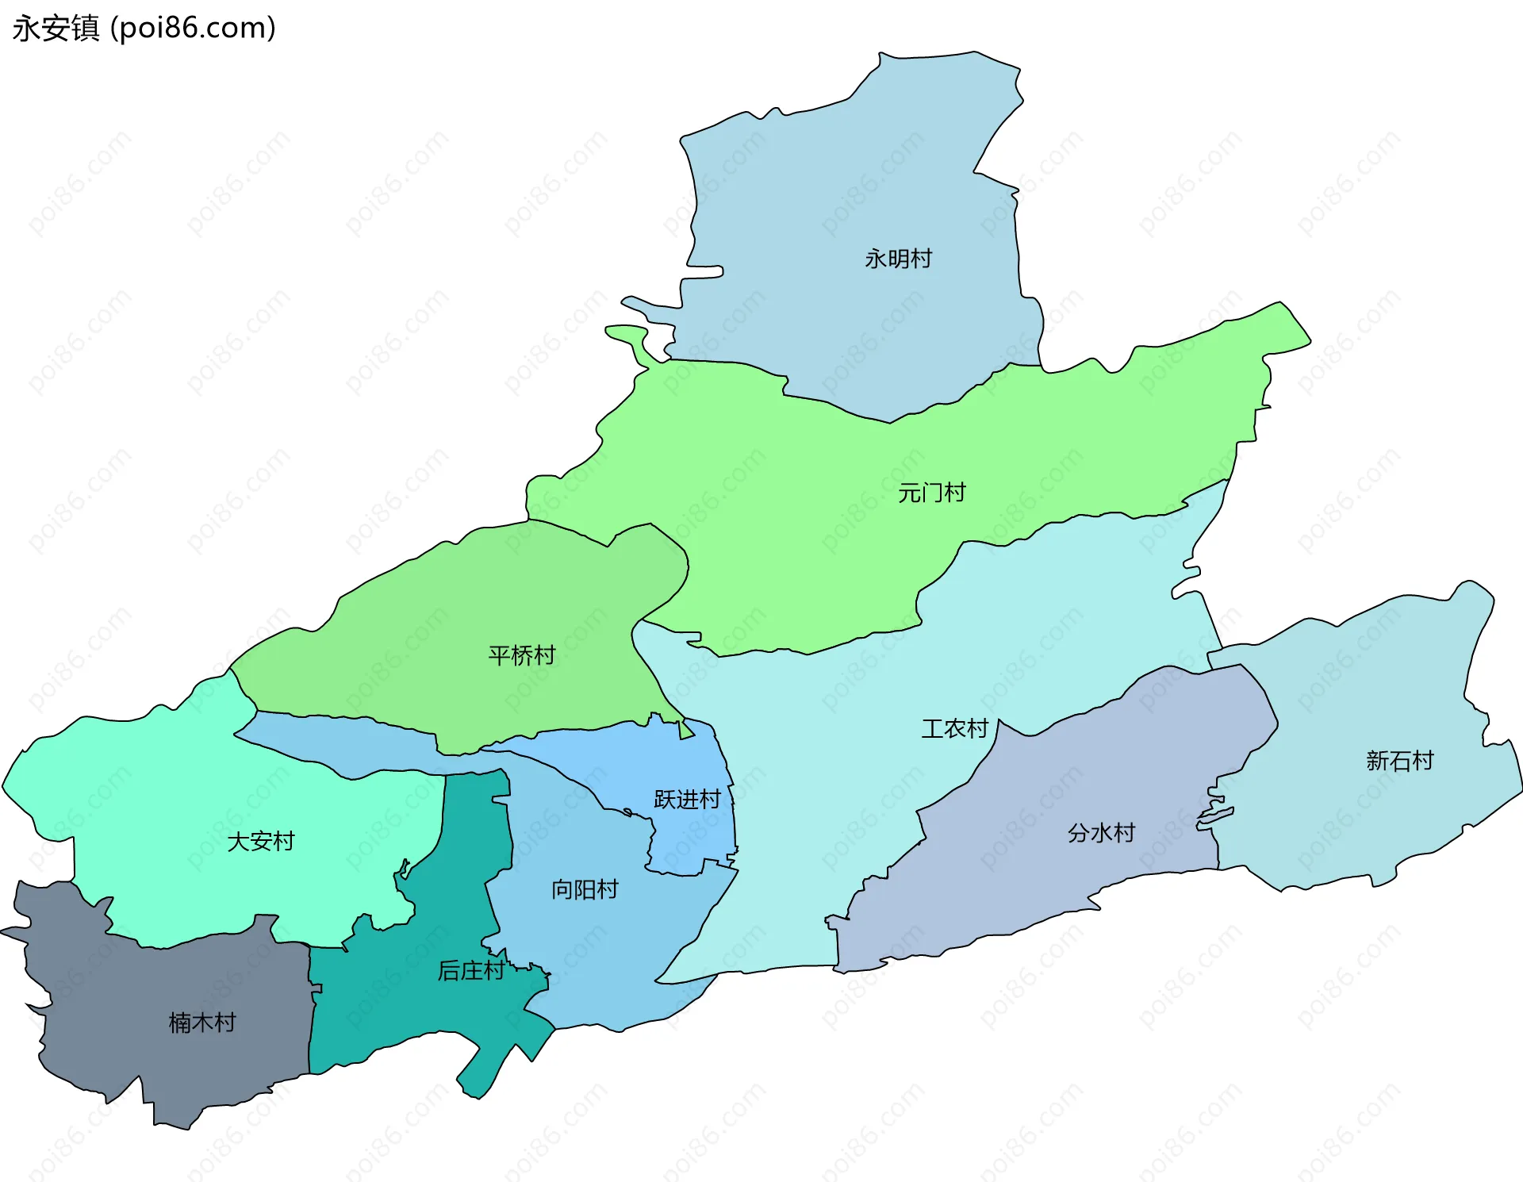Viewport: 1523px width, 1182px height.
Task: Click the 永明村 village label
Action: tap(898, 259)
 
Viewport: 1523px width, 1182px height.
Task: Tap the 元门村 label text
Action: tap(931, 493)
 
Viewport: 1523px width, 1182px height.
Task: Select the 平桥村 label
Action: tap(521, 655)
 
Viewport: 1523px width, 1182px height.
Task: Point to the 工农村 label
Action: tap(954, 728)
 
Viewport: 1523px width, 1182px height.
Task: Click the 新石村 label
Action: tap(1399, 761)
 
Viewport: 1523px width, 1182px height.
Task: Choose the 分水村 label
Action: tap(1101, 833)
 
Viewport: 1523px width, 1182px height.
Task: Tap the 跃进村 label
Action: tap(687, 799)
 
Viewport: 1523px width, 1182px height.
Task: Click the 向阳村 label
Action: tap(585, 889)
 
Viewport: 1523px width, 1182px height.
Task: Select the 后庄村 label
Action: tap(470, 970)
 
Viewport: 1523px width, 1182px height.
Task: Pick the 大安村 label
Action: tap(260, 841)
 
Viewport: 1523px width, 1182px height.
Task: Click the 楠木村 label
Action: tap(202, 1023)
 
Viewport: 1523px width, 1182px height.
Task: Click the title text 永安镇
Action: tap(56, 29)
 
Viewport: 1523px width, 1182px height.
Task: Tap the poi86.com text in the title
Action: tap(193, 29)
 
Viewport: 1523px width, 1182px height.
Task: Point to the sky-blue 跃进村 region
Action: tap(682, 762)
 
